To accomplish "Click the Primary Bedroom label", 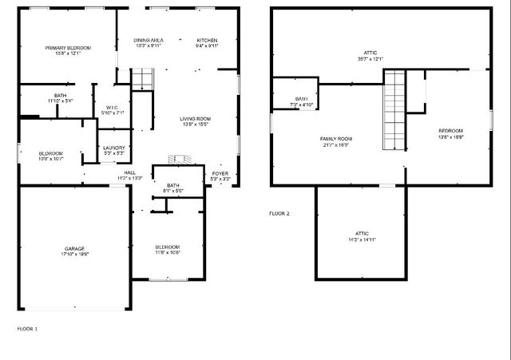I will pos(68,48).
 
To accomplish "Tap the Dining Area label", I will pos(149,40).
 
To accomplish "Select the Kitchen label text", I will pos(207,40).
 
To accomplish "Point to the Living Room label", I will pos(195,118).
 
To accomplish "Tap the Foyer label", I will pos(220,173).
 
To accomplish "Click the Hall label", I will pos(129,172).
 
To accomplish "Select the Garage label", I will pos(75,248).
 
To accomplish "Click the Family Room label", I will pos(337,139).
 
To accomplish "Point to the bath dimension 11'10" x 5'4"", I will pos(60,101).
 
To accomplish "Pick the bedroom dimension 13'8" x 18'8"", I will pos(451,136).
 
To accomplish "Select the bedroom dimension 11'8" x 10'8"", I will pos(168,252).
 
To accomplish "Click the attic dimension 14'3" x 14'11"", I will pos(362,239).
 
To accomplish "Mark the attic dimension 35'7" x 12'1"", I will pos(370,58).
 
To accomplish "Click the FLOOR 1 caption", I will pos(27,328).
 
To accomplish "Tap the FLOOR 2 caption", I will pos(279,213).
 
